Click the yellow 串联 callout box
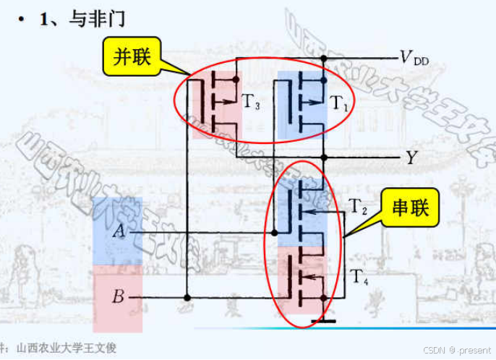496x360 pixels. tap(410, 208)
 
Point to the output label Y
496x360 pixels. tap(411, 157)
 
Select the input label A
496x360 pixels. tap(119, 231)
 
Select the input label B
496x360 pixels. tap(119, 296)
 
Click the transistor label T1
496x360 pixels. tap(340, 103)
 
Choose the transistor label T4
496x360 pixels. tap(359, 275)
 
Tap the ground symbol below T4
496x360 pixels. tap(323, 319)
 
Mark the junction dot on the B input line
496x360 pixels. tap(187, 297)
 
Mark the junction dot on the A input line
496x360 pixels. tap(275, 233)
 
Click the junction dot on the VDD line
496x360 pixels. tap(324, 58)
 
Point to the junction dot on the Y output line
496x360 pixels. tap(324, 157)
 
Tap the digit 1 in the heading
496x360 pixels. tap(45, 19)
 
